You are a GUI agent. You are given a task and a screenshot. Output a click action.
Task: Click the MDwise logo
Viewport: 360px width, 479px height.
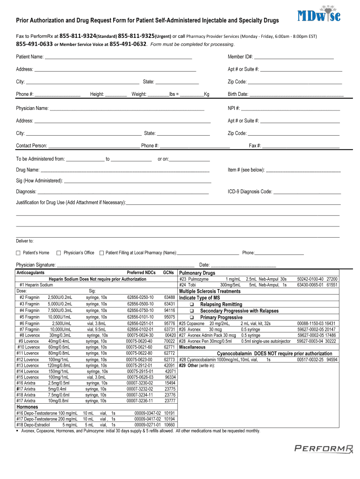pyautogui.click(x=319, y=16)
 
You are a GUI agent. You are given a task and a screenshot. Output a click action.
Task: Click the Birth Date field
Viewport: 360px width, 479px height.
pyautogui.click(x=296, y=94)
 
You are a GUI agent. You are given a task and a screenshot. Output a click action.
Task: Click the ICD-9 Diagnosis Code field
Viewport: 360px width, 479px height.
pyautogui.click(x=307, y=191)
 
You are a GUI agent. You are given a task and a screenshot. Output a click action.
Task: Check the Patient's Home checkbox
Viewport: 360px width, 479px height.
pyautogui.click(x=18, y=253)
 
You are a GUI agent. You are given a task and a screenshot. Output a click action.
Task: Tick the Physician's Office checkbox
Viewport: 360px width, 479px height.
pyautogui.click(x=58, y=253)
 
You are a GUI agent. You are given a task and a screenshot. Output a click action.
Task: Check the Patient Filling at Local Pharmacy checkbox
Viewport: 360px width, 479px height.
pyautogui.click(x=101, y=253)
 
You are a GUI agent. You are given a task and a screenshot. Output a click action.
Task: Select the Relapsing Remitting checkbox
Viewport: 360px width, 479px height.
pyautogui.click(x=191, y=305)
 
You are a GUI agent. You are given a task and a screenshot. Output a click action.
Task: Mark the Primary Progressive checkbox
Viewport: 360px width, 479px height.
pyautogui.click(x=191, y=318)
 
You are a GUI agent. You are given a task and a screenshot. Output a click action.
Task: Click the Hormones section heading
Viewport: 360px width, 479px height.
pyautogui.click(x=27, y=407)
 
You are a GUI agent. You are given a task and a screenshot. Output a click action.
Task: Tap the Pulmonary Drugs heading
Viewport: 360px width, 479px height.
pyautogui.click(x=197, y=273)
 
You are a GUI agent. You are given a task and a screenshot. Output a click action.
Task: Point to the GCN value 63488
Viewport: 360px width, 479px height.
pyautogui.click(x=170, y=297)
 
